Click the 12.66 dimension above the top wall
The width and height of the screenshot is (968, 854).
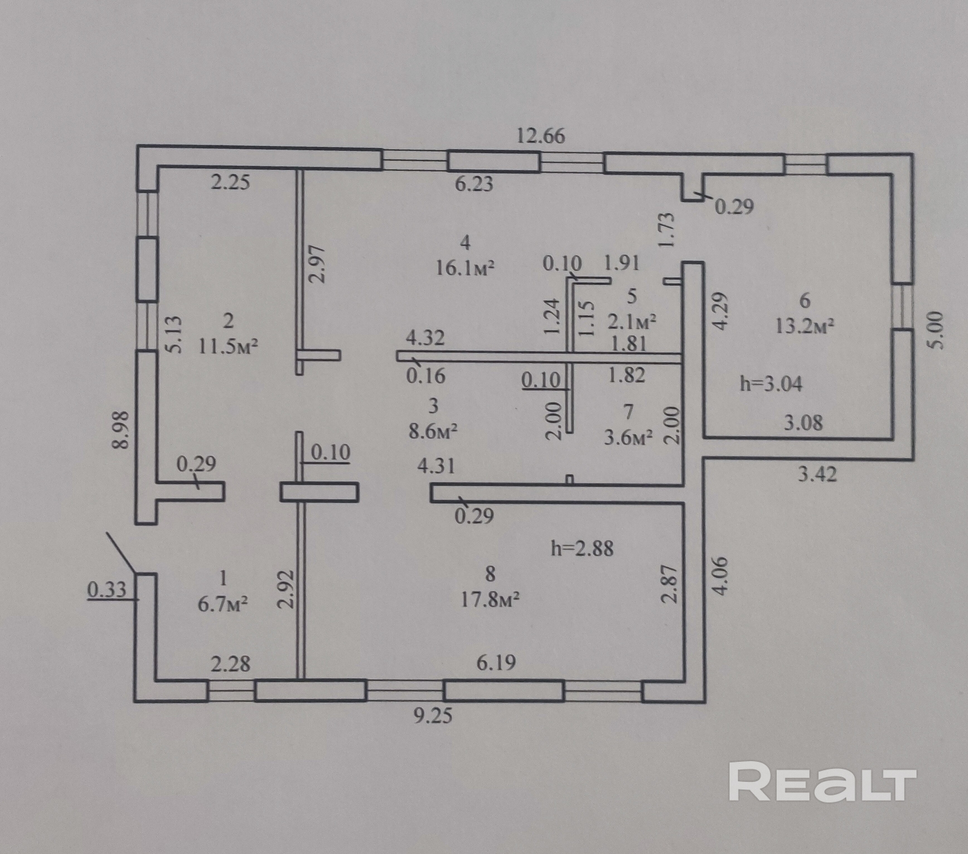click(x=540, y=136)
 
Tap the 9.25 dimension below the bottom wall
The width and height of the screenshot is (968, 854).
click(x=433, y=715)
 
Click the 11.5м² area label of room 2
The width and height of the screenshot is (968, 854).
click(x=228, y=347)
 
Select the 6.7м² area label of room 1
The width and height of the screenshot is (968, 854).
click(x=222, y=605)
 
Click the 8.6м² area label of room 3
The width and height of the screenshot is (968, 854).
click(x=433, y=431)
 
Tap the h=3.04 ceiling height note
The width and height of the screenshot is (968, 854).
click(x=771, y=384)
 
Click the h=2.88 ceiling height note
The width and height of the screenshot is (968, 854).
click(x=582, y=549)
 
